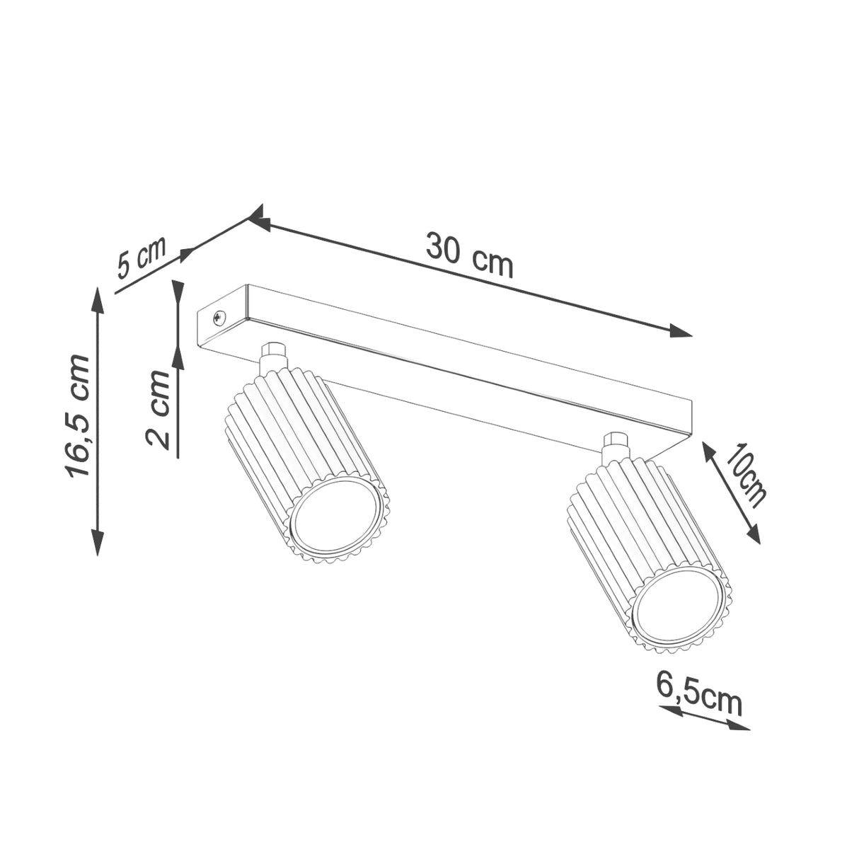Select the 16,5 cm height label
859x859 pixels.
click(78, 416)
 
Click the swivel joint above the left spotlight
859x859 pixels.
click(273, 357)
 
